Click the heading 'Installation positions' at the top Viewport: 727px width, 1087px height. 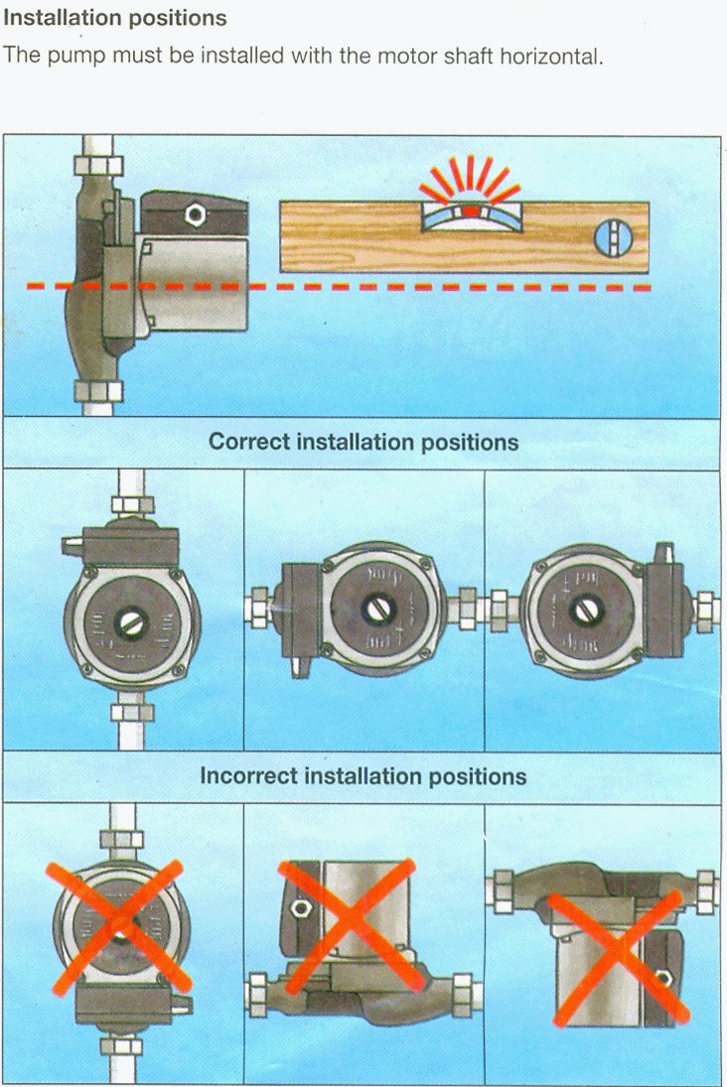[x=116, y=18]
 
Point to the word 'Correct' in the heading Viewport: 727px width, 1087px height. [x=249, y=442]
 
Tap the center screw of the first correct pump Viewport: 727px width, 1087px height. [x=131, y=622]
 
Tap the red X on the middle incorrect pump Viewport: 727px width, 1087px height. [x=348, y=926]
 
